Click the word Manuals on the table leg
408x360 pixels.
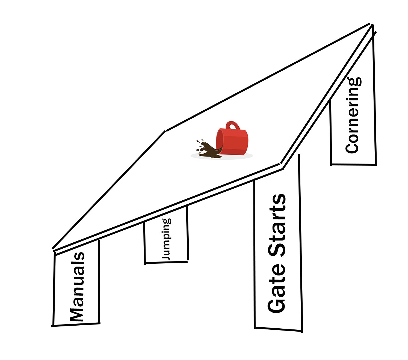77,287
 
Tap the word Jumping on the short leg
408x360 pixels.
166,239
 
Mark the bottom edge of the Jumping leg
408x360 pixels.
166,262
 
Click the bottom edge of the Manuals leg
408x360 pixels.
76,325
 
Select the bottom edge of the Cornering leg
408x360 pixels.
353,165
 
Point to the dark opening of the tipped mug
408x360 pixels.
218,142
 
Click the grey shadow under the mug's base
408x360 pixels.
240,156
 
